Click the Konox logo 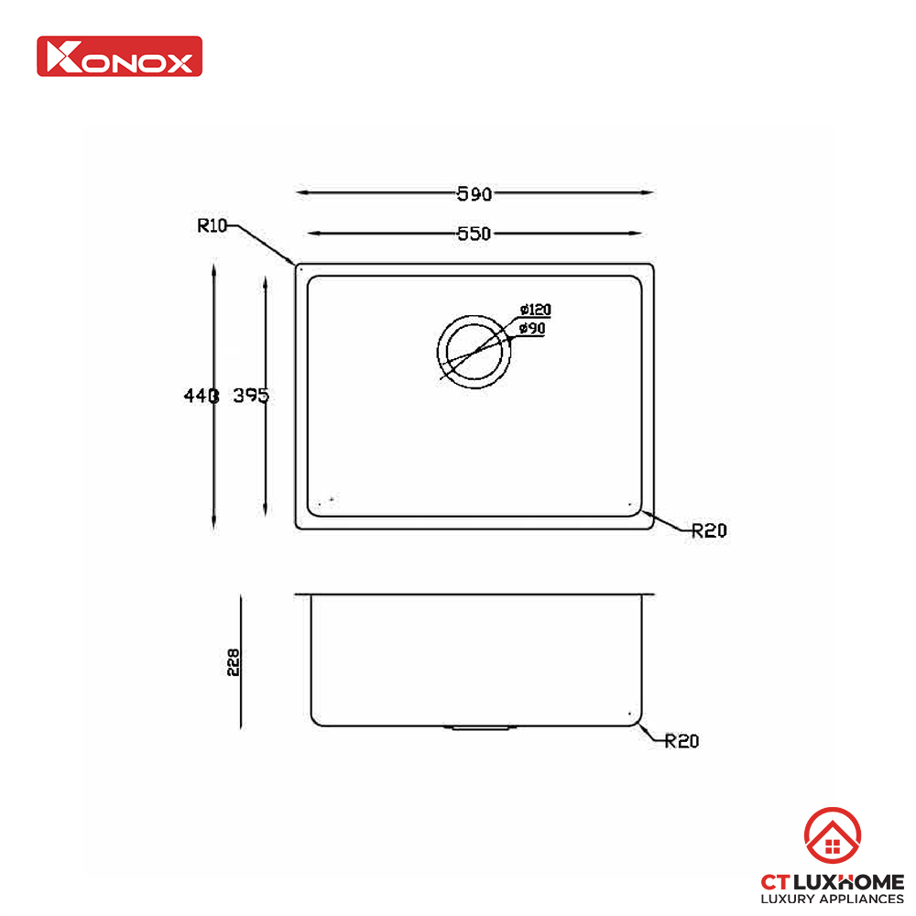119,56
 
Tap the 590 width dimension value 474,193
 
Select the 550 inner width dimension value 474,234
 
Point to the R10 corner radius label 212,225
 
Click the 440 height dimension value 201,396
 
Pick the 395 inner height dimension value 251,396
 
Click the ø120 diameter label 534,311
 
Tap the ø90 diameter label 532,328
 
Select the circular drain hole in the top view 474,354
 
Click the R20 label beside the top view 709,529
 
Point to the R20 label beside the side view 682,741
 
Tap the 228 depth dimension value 234,661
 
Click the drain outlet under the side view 479,729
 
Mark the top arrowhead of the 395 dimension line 265,283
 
